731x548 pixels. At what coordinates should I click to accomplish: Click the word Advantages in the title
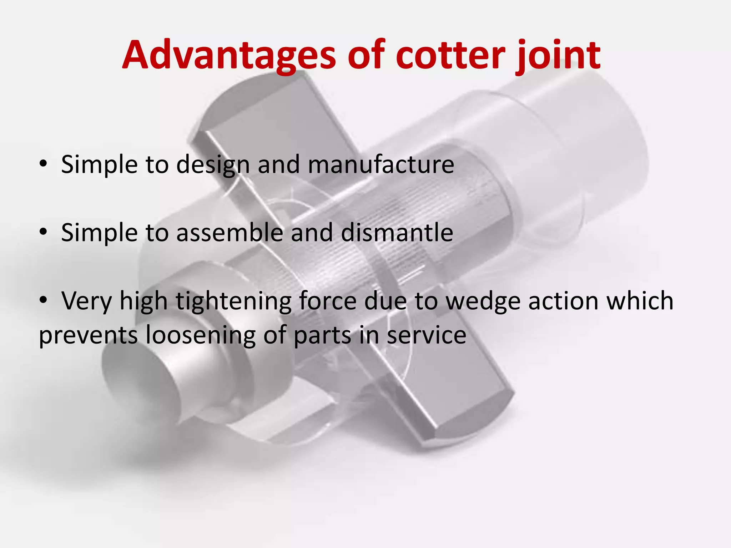tap(229, 55)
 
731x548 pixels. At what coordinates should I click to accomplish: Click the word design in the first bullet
tap(213, 165)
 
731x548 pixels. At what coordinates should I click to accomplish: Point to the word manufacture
tap(381, 164)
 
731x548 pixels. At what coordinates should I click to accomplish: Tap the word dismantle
tap(397, 233)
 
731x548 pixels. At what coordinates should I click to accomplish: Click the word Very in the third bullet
tap(86, 301)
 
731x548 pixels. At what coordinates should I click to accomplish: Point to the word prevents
tap(88, 335)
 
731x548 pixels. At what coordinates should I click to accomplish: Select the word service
tap(427, 335)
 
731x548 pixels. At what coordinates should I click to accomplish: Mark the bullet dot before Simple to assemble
tap(43, 232)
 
